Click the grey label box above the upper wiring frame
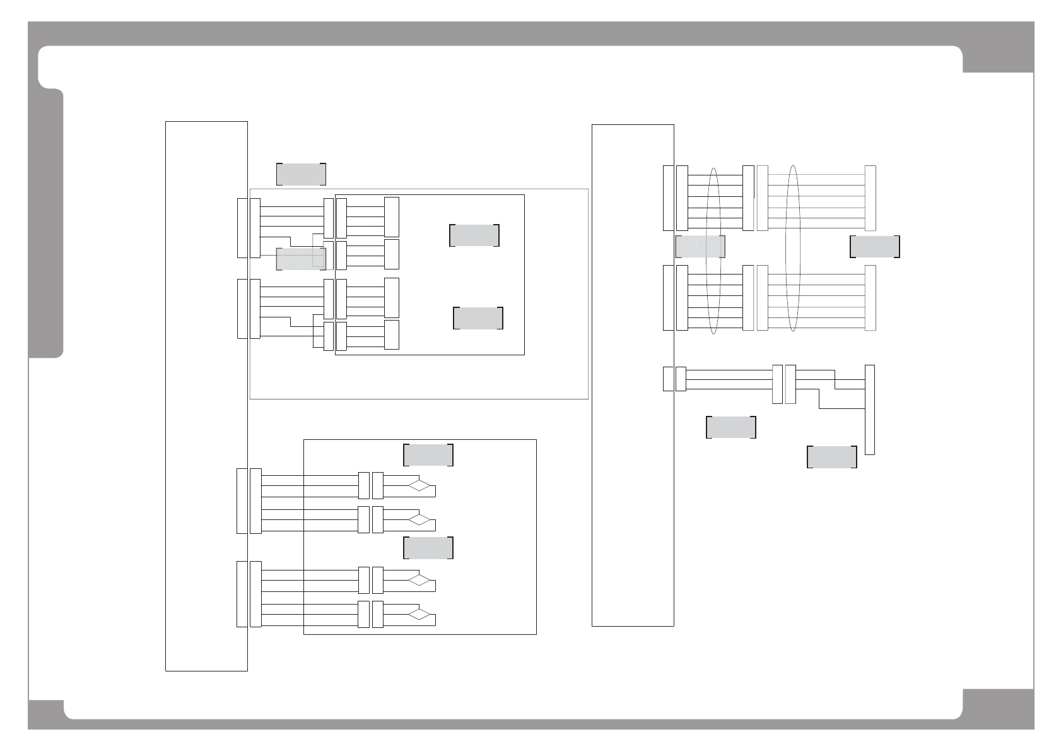click(x=301, y=174)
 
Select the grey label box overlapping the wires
click(x=301, y=259)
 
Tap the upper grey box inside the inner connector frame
click(x=474, y=235)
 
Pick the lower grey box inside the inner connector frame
click(x=478, y=317)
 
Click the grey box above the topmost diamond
click(x=428, y=454)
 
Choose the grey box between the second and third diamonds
click(x=428, y=548)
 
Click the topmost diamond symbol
click(x=419, y=486)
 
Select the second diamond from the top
click(x=419, y=520)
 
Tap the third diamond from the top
click(x=419, y=581)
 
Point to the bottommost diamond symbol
click(x=419, y=615)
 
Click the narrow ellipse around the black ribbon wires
click(x=714, y=251)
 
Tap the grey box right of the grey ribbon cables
click(x=874, y=247)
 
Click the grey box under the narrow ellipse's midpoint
click(x=700, y=247)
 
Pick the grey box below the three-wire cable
click(x=730, y=427)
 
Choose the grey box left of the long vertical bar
click(x=831, y=457)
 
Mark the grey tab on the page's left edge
click(x=46, y=224)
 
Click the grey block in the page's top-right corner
click(x=998, y=47)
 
